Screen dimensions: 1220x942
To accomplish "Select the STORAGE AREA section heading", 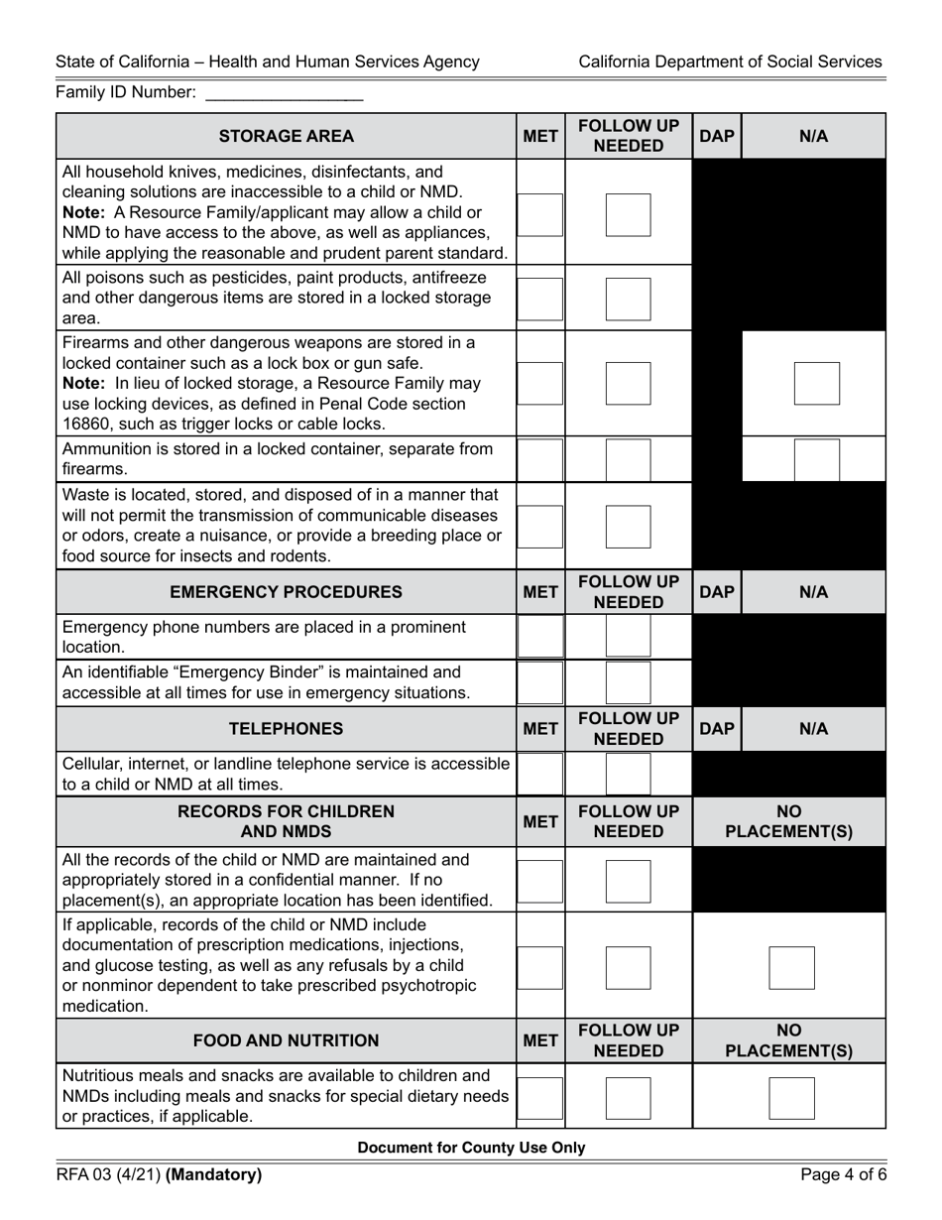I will point(286,137).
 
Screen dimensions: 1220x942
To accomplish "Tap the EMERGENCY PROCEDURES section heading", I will point(286,592).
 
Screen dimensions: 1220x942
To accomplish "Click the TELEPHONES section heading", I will point(286,729).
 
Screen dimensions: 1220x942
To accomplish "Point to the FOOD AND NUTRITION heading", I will point(286,1040).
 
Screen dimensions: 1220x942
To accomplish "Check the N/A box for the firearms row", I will point(816,384).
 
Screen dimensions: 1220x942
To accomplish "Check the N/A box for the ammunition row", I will point(816,459).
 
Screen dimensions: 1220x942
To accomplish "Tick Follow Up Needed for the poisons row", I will point(628,300).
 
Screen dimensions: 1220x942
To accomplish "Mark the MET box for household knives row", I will point(540,214).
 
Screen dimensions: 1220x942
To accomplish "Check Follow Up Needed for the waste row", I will point(628,527).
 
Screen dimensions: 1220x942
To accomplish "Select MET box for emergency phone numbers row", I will point(540,637).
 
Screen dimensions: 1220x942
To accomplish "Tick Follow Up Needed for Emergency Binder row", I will point(628,682).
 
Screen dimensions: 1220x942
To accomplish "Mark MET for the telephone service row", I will point(540,774).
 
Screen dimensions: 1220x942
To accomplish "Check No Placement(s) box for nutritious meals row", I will point(791,1098).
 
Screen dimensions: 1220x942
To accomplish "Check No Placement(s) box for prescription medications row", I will point(791,968).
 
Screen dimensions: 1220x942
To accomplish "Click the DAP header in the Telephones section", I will point(716,729).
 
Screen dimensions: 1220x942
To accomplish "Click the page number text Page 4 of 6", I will point(842,1175).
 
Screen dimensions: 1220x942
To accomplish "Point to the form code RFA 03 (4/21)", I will point(108,1175).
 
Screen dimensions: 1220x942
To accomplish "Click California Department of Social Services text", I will point(730,61).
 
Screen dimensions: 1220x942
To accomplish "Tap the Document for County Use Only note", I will point(471,1148).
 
